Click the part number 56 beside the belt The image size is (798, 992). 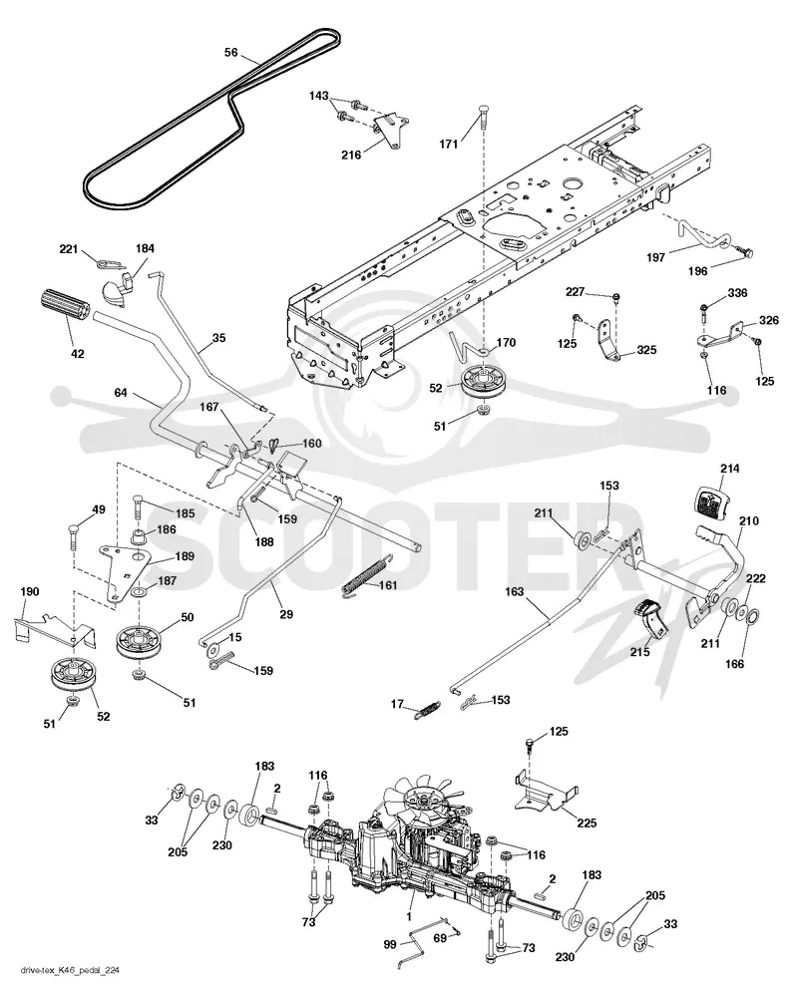(x=231, y=52)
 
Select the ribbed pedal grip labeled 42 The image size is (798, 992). (x=65, y=310)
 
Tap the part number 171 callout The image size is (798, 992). (x=449, y=145)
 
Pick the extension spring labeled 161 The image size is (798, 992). (x=368, y=574)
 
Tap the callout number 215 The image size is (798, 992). (x=639, y=651)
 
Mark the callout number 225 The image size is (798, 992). (x=587, y=823)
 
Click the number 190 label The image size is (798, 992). (x=30, y=591)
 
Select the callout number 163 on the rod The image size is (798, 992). (x=515, y=591)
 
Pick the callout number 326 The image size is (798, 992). (x=769, y=320)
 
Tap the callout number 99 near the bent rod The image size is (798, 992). (x=390, y=944)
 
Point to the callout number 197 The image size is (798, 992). (x=656, y=257)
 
